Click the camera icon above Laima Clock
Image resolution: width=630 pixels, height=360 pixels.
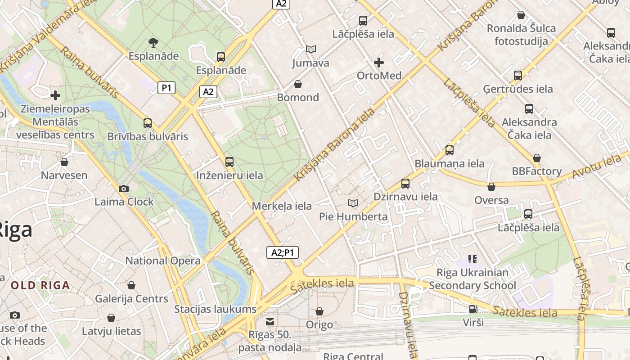(x=124, y=189)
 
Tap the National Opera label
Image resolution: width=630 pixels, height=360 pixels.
(x=163, y=261)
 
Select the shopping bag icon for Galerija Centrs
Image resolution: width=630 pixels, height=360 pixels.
(x=131, y=285)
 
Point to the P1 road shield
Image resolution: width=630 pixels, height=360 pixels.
(x=166, y=88)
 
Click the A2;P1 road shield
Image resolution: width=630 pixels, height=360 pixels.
(x=282, y=252)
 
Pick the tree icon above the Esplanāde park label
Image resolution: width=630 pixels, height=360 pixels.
(x=153, y=43)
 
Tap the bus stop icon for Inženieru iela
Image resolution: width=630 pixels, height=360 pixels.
(x=229, y=162)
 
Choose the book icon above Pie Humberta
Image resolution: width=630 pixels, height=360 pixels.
(x=353, y=203)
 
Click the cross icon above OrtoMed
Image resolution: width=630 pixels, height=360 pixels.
(x=379, y=62)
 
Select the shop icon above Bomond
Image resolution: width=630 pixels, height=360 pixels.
(x=297, y=84)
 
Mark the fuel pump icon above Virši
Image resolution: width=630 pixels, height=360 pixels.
(x=472, y=309)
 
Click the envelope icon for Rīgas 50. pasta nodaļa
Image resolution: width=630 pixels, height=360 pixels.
(x=270, y=321)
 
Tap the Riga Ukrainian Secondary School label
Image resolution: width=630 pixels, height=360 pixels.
(x=472, y=279)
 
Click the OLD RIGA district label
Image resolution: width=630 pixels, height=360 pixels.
(x=40, y=285)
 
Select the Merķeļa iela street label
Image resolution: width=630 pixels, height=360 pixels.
(x=282, y=206)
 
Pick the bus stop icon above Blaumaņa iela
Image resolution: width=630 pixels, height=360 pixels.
(x=449, y=150)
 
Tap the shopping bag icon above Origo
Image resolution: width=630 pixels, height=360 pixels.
(x=319, y=311)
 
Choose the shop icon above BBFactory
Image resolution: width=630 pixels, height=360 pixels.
(x=536, y=158)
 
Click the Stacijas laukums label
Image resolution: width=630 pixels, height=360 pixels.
(x=215, y=309)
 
